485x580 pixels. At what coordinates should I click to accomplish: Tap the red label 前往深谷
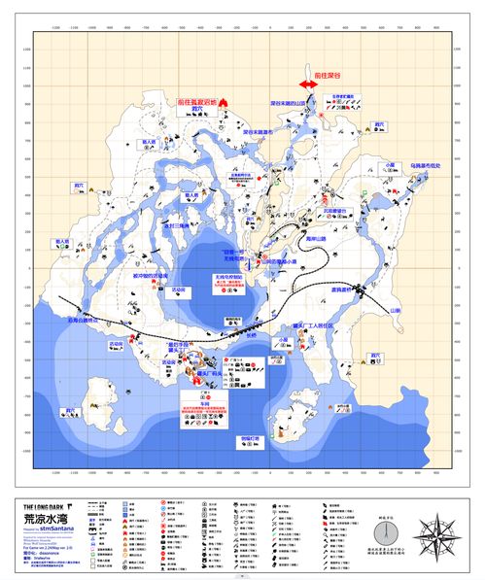321,73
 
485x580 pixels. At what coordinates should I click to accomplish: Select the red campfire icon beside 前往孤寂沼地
225,101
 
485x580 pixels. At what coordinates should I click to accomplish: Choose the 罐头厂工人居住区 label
314,325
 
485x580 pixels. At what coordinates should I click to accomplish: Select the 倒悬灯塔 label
252,439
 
